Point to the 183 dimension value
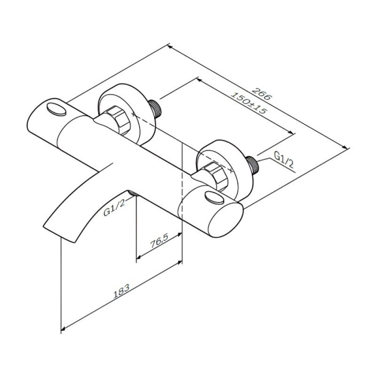[x=121, y=291]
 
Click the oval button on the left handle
[x=57, y=109]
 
